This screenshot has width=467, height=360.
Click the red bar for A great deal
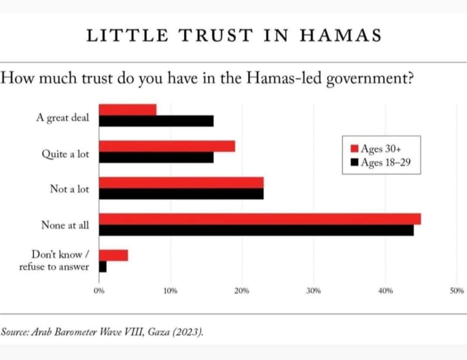click(128, 110)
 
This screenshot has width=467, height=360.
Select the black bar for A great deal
click(156, 121)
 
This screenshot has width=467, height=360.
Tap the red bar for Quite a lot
click(167, 146)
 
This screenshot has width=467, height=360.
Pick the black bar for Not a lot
click(181, 194)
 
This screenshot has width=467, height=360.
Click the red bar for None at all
click(260, 219)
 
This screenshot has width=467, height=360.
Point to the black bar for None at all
click(256, 230)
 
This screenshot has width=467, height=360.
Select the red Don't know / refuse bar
click(114, 255)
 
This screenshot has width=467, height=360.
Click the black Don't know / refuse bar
click(103, 267)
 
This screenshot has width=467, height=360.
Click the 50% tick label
click(457, 291)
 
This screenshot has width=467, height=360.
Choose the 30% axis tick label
click(313, 291)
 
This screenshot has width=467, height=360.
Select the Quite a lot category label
click(65, 154)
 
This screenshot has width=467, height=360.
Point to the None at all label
click(65, 225)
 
